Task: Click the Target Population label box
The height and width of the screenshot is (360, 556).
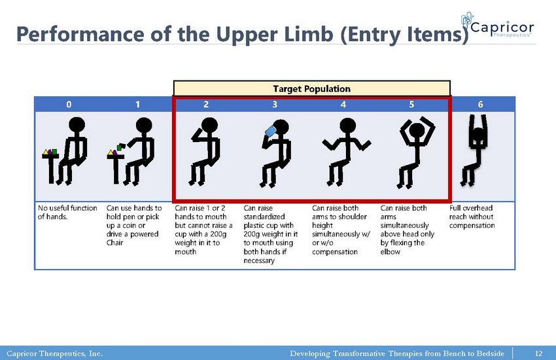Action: pyautogui.click(x=311, y=88)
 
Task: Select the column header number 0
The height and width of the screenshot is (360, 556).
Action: pyautogui.click(x=69, y=104)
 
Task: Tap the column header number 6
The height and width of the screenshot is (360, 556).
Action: pyautogui.click(x=480, y=104)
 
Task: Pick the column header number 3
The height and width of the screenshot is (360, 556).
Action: pyautogui.click(x=275, y=104)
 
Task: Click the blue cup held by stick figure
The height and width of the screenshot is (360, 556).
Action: pyautogui.click(x=271, y=131)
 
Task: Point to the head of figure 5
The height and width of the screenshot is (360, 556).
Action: pyautogui.click(x=417, y=130)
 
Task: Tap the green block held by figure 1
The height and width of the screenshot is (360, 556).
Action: pyautogui.click(x=122, y=146)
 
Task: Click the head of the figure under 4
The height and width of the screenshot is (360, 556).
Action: pyautogui.click(x=347, y=126)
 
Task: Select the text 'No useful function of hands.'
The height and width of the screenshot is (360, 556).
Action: pyautogui.click(x=67, y=212)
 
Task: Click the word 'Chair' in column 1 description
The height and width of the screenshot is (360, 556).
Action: pyautogui.click(x=114, y=243)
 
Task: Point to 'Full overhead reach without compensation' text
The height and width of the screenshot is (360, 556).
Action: pyautogui.click(x=472, y=217)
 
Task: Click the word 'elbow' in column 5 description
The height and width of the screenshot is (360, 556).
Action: pyautogui.click(x=390, y=251)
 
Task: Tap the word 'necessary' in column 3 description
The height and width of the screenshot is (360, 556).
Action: pyautogui.click(x=259, y=261)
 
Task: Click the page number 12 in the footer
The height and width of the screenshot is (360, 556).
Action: pyautogui.click(x=538, y=353)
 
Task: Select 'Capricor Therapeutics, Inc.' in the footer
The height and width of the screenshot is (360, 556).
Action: pyautogui.click(x=54, y=353)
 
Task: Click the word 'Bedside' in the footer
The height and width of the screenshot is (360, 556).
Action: pyautogui.click(x=491, y=353)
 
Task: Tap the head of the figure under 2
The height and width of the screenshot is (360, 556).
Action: pyautogui.click(x=209, y=126)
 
